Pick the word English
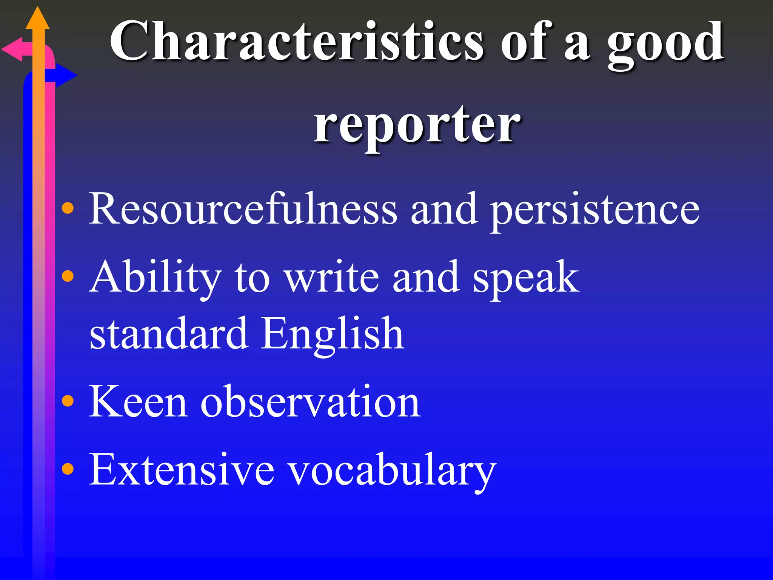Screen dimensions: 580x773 pyautogui.click(x=333, y=334)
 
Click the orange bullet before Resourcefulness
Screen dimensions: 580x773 pyautogui.click(x=68, y=208)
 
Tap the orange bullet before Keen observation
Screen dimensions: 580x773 pyautogui.click(x=68, y=401)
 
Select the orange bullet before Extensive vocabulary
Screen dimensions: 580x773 pyautogui.click(x=68, y=469)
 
